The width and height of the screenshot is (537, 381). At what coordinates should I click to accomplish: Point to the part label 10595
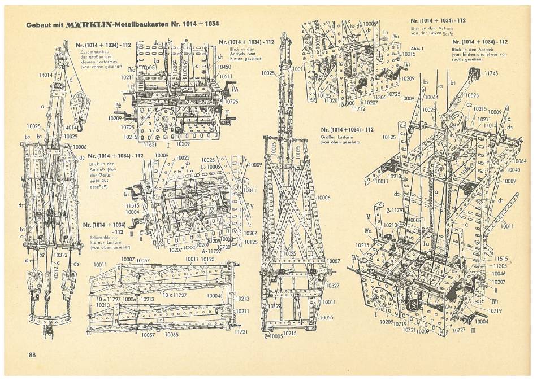click(x=473, y=95)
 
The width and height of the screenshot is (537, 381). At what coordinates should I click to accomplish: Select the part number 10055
click(x=326, y=317)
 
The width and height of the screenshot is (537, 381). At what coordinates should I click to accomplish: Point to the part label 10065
click(x=172, y=335)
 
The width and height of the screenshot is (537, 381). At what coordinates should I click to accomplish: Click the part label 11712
click(x=367, y=108)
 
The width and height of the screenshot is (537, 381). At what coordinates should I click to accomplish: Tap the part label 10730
click(x=224, y=247)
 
